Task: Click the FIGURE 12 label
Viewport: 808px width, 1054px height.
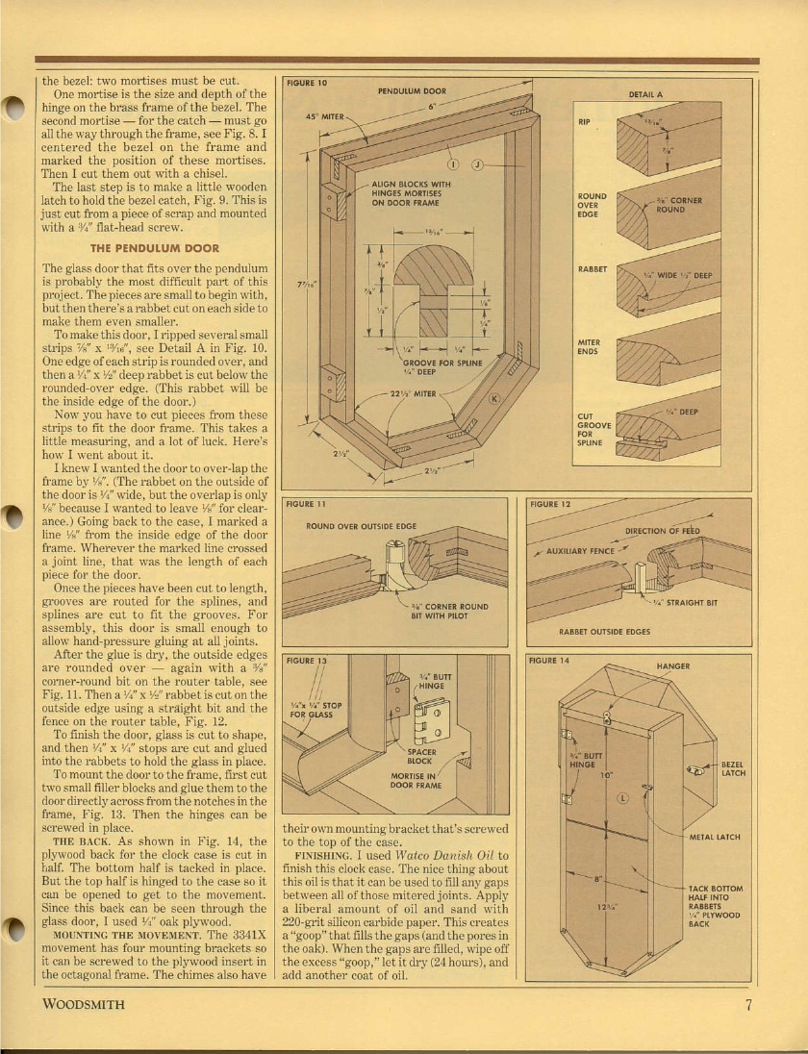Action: [550, 503]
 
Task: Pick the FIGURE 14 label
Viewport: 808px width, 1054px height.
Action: [550, 661]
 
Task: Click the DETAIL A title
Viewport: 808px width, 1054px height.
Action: [645, 94]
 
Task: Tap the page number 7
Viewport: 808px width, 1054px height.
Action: [746, 1006]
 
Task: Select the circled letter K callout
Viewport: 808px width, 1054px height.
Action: [495, 399]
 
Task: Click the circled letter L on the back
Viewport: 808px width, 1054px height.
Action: [622, 797]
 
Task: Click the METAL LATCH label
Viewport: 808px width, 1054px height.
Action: [715, 837]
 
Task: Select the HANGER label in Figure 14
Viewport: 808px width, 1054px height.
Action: [672, 665]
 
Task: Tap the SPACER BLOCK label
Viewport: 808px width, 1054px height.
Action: [422, 756]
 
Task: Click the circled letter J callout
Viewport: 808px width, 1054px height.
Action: [477, 164]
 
